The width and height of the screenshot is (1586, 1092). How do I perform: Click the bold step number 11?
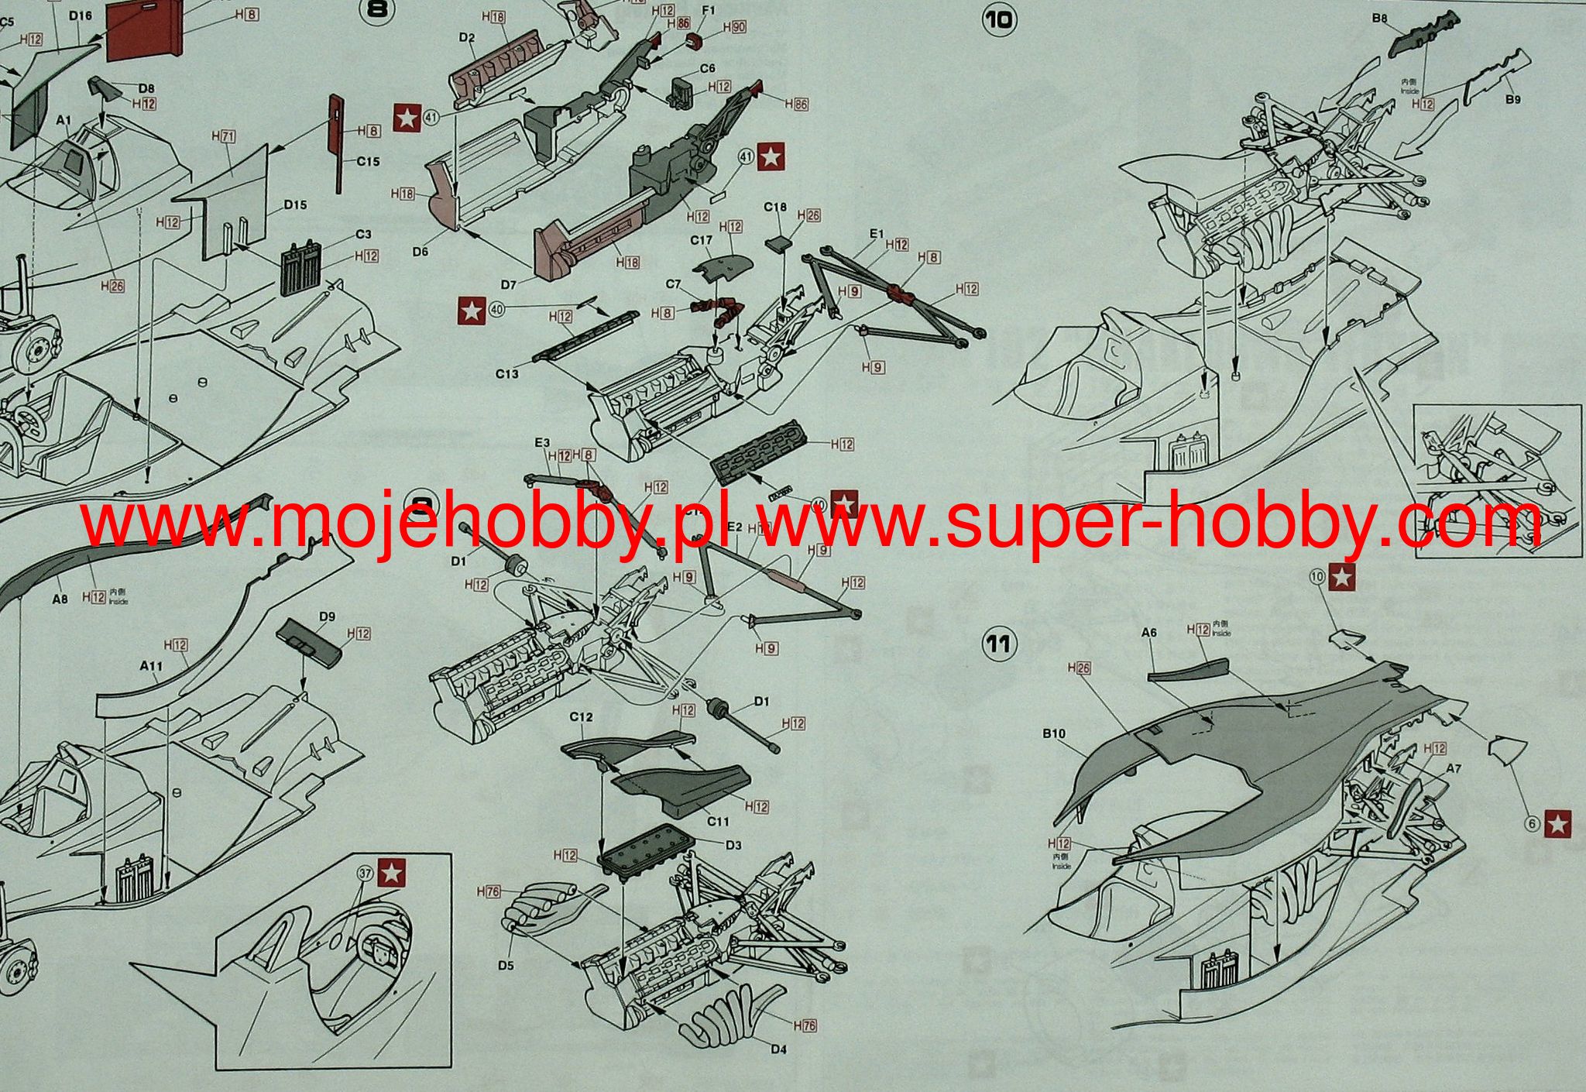(999, 644)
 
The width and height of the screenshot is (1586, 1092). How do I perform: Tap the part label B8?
(1378, 18)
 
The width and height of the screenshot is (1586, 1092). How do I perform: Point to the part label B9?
(1513, 99)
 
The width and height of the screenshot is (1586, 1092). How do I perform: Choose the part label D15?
(295, 204)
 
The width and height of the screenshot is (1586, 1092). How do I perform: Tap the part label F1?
(708, 10)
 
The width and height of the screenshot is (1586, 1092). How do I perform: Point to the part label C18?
(775, 207)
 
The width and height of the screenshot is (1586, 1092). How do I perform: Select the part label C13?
(506, 374)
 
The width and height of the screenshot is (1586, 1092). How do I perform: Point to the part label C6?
(707, 68)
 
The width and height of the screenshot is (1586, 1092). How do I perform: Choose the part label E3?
(541, 442)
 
